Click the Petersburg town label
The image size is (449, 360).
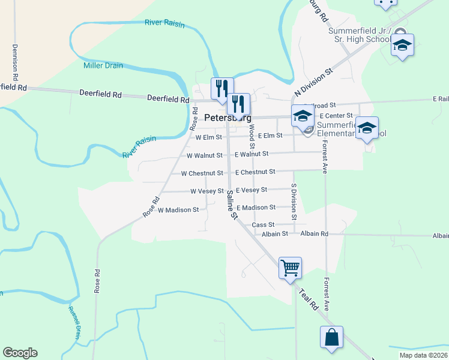point(227,118)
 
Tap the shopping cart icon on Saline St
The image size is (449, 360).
point(290,267)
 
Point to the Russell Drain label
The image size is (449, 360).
point(74,323)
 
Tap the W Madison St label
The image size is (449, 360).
point(178,210)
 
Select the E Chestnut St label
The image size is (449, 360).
point(255,172)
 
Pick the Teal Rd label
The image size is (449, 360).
point(309,298)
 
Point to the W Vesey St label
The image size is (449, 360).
point(206,191)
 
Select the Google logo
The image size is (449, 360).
point(20,353)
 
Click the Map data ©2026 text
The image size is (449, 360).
point(423,355)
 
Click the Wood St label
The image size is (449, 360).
point(252,136)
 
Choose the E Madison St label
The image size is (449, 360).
point(256,208)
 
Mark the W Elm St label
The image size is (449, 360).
point(209,137)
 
